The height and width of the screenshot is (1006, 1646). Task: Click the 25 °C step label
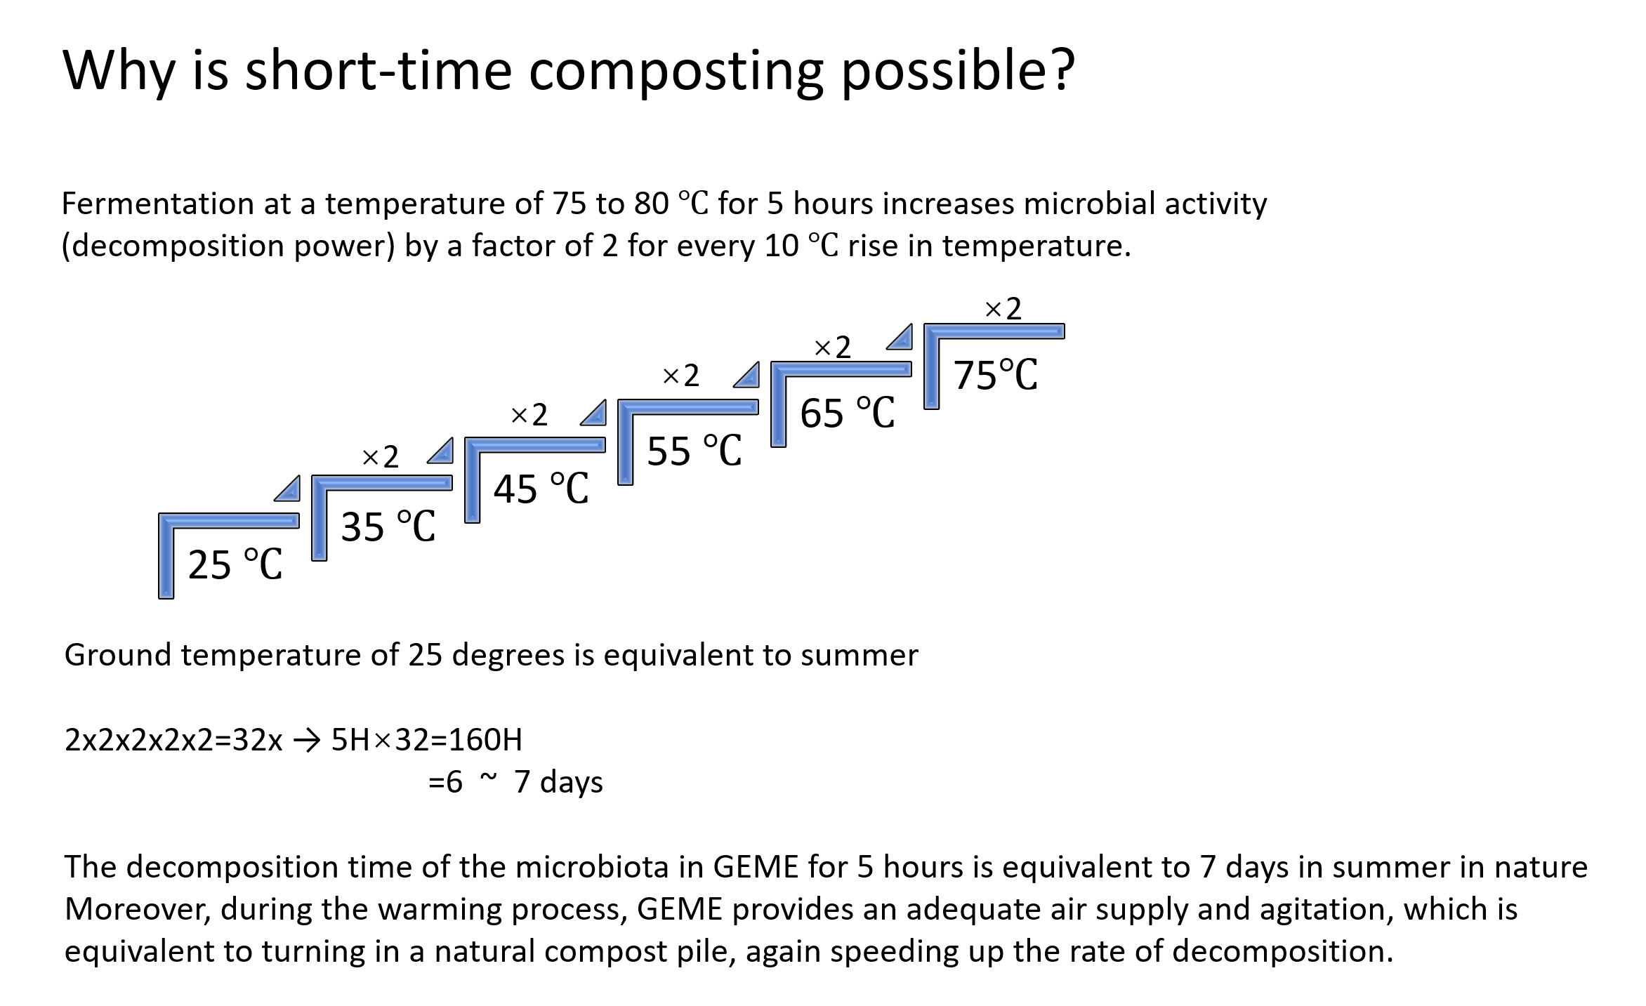tap(235, 564)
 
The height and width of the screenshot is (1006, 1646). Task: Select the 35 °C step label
tap(388, 527)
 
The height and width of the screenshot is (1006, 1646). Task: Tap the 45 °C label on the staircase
tap(541, 489)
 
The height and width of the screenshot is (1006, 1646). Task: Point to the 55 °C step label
tap(694, 451)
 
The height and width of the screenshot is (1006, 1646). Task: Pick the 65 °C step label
tap(847, 413)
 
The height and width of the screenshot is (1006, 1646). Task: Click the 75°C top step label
tap(995, 375)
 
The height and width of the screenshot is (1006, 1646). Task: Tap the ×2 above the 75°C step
tap(1003, 309)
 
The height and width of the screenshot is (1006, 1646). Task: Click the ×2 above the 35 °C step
tap(380, 458)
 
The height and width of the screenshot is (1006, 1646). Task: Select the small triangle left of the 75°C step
tap(902, 338)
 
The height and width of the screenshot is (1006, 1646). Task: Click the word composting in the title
tap(676, 72)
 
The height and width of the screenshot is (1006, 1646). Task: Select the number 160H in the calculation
tap(485, 740)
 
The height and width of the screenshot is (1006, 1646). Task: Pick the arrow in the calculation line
tap(306, 741)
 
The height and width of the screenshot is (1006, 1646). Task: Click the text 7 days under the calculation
tap(558, 782)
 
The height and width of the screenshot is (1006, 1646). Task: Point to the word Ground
tap(117, 656)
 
